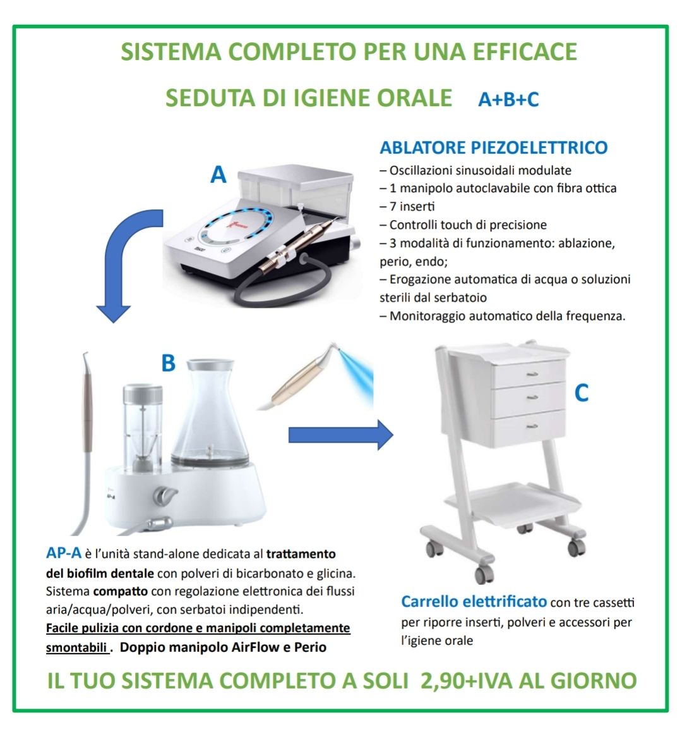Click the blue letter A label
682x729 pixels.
[x=218, y=175]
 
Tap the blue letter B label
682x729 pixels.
[x=169, y=363]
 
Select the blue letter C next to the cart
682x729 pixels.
[x=581, y=393]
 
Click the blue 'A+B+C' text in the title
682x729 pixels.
[x=508, y=99]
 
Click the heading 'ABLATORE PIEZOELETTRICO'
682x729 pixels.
[x=494, y=147]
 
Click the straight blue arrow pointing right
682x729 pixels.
[x=341, y=435]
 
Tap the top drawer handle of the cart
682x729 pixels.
[x=532, y=374]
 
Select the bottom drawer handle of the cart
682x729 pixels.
[x=532, y=426]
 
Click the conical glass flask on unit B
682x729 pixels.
[x=210, y=414]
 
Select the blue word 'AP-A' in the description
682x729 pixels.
[x=64, y=553]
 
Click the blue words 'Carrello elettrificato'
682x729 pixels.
[x=474, y=602]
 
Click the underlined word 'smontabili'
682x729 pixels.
[x=76, y=647]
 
